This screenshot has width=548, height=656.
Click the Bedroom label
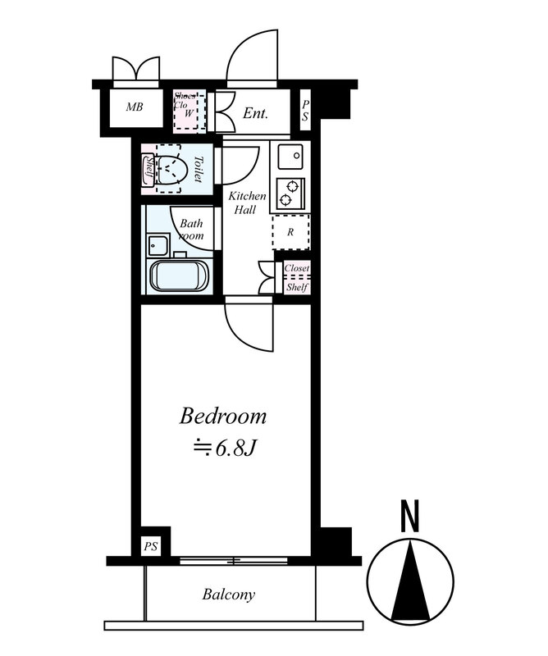(223, 417)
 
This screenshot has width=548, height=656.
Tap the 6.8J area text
(224, 449)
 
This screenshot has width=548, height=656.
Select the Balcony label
(228, 594)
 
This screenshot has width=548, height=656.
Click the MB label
(135, 107)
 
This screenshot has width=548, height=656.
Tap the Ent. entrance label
(256, 114)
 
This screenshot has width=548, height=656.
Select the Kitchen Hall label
(246, 203)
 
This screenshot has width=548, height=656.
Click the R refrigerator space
(290, 231)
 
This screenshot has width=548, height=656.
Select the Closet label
(296, 268)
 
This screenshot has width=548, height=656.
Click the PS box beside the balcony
(151, 545)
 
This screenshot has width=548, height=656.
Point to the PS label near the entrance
(305, 111)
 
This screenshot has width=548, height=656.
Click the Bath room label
(192, 229)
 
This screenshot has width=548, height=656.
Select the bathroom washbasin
(156, 244)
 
